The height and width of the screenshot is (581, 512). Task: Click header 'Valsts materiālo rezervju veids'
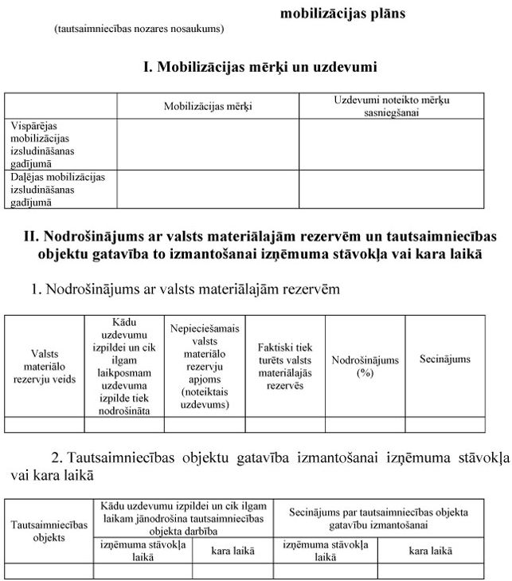45,366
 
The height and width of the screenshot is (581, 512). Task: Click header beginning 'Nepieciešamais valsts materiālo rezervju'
205,366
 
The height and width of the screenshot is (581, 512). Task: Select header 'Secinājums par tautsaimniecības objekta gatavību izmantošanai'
379,517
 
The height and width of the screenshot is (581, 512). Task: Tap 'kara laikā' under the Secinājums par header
430,550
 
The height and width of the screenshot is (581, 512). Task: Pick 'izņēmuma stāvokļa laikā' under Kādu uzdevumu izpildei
143,550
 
